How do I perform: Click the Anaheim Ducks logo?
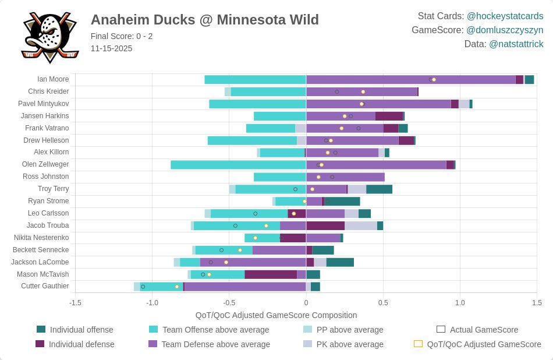(49, 37)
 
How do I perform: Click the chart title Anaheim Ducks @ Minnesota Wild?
(204, 20)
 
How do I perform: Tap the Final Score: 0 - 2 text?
(122, 36)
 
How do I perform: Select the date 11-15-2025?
(111, 48)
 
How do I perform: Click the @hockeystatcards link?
(505, 16)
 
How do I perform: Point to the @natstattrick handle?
(516, 44)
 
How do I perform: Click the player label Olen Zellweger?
(45, 164)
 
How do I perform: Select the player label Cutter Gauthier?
(45, 286)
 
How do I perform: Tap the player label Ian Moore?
(53, 79)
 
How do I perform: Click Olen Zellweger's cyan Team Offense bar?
(238, 165)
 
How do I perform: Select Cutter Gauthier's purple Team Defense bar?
(244, 287)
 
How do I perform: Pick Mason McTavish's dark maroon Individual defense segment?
(270, 274)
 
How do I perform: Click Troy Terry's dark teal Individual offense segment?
(379, 189)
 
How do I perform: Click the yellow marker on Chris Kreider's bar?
(363, 92)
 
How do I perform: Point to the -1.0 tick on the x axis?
(152, 303)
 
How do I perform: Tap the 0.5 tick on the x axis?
(383, 303)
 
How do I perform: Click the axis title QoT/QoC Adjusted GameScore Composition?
(276, 315)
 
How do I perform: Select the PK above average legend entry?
(349, 344)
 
